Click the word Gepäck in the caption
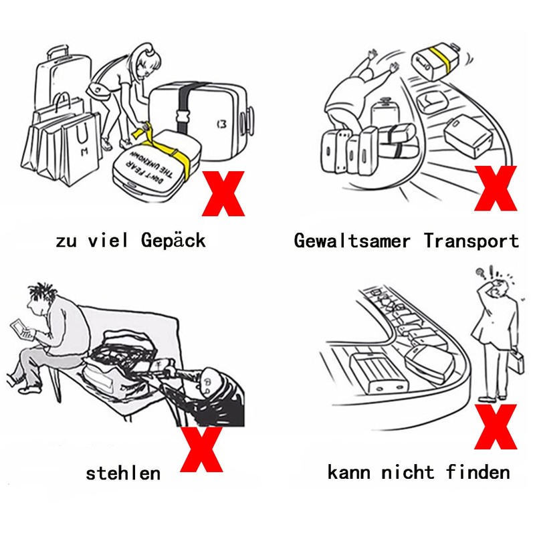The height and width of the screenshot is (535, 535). (173, 241)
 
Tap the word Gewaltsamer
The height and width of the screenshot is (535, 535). (352, 241)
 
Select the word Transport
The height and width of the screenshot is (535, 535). (471, 241)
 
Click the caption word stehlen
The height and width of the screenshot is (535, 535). (123, 473)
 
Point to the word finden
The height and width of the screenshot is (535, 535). (478, 472)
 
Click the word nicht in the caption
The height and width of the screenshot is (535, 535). (407, 472)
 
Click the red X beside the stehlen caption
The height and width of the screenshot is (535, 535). (202, 449)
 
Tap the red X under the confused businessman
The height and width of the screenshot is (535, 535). (496, 427)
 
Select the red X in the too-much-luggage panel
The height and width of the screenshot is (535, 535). (223, 193)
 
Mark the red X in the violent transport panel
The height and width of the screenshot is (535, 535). (496, 188)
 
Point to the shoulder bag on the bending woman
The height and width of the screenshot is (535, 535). (98, 90)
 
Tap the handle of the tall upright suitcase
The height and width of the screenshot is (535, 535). (57, 53)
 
